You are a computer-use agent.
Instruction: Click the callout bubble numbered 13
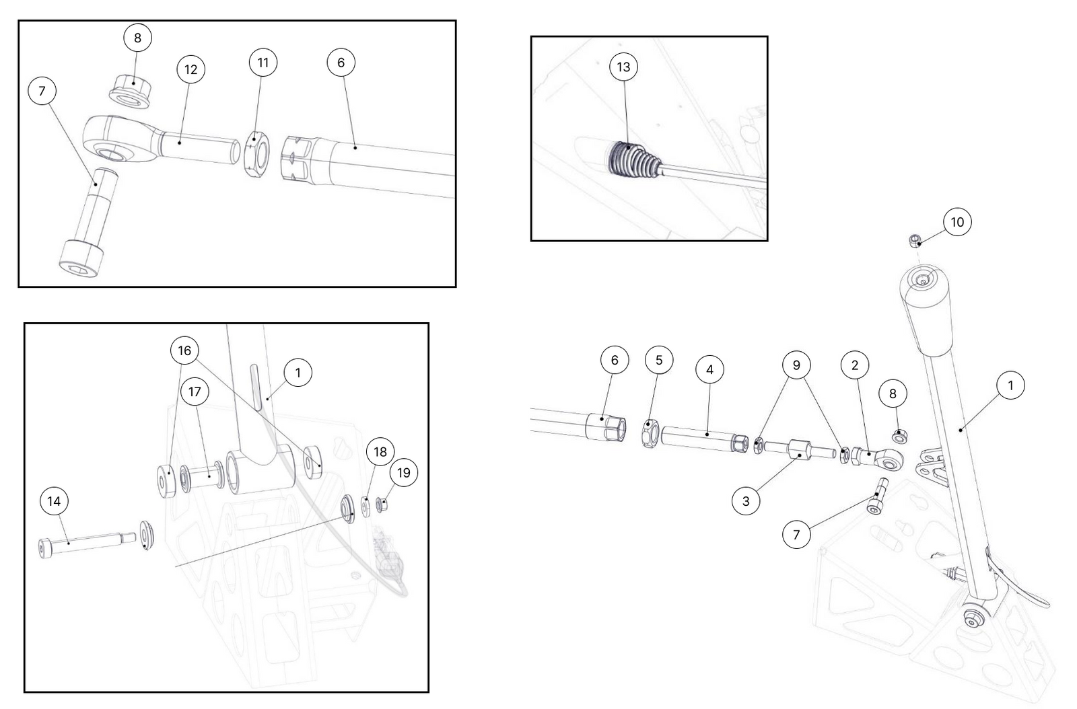point(623,67)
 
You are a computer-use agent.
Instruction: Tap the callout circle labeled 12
point(191,69)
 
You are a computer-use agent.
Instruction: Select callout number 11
point(263,63)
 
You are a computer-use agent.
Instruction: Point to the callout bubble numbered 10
point(957,222)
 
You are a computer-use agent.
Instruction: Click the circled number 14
point(54,501)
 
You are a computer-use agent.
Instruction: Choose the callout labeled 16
point(184,350)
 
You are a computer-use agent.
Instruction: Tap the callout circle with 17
point(195,392)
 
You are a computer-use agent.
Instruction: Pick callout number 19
point(403,473)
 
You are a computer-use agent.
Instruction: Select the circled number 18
point(380,451)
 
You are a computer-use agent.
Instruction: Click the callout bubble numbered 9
point(796,365)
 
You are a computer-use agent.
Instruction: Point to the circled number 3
point(746,501)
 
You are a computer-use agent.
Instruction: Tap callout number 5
point(659,360)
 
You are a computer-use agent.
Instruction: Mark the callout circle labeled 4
point(709,369)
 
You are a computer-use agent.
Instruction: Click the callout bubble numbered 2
point(855,365)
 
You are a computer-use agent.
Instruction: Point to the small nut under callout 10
point(915,240)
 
